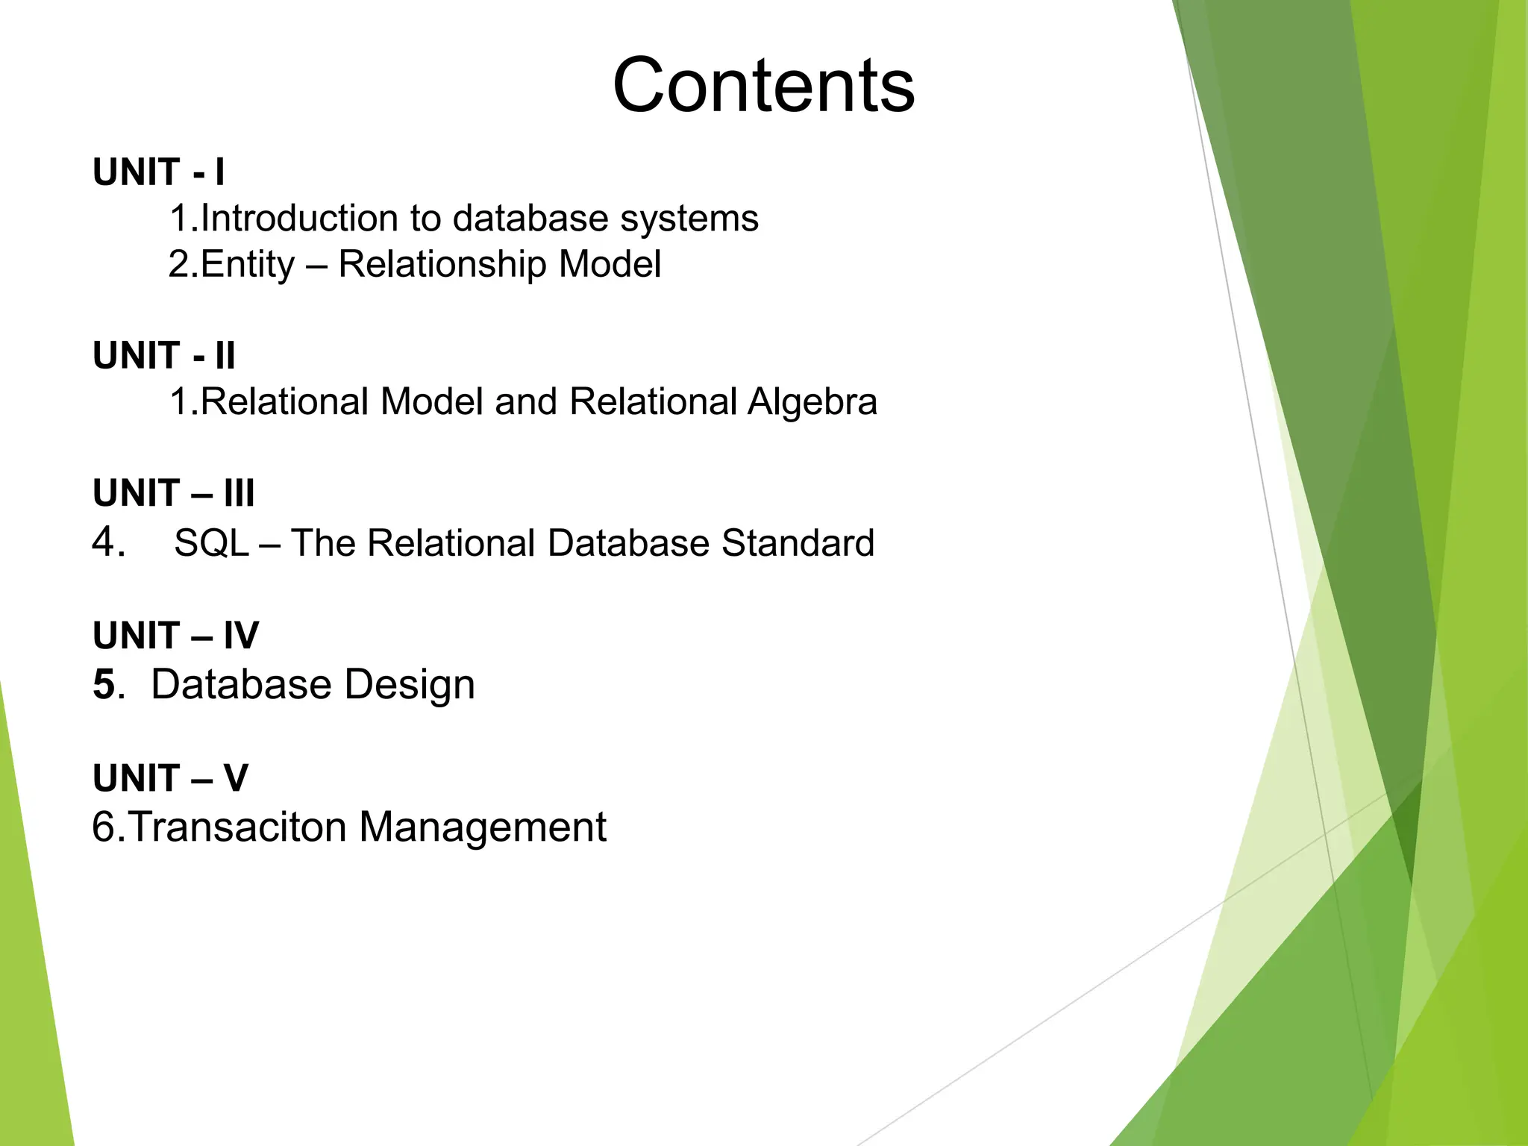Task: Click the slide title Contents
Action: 763,85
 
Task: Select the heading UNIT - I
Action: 158,172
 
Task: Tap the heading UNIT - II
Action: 164,355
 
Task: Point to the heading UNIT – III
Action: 173,493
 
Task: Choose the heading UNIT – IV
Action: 175,636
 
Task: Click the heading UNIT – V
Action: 170,778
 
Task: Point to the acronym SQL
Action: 211,543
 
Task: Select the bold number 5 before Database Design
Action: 104,684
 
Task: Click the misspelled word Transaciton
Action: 237,827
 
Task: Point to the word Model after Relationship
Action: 610,265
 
